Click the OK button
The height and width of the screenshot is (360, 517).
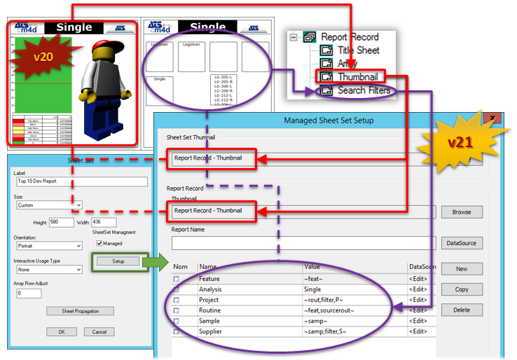coord(62,331)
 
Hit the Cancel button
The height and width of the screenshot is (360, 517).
coord(99,331)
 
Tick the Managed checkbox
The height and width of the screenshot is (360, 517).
coord(99,243)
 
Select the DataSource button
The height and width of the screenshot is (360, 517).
coord(462,243)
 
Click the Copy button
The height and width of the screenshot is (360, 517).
coord(462,289)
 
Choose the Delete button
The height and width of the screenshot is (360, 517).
coord(462,310)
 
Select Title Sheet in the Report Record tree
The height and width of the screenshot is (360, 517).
coord(358,50)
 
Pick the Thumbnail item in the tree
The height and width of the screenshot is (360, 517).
coord(357,77)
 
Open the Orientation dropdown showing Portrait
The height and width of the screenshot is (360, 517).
coord(48,246)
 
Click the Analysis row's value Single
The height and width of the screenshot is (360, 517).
coord(312,289)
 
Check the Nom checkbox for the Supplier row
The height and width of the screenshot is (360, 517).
coord(176,331)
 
